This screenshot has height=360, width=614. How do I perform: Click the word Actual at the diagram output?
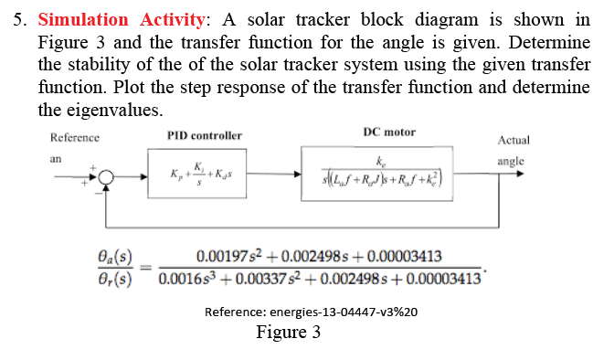[x=513, y=141]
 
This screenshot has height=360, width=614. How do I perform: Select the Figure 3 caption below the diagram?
[x=288, y=332]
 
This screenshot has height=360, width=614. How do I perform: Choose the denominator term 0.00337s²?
[x=257, y=278]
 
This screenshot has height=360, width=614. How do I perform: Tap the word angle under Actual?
[x=511, y=161]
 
